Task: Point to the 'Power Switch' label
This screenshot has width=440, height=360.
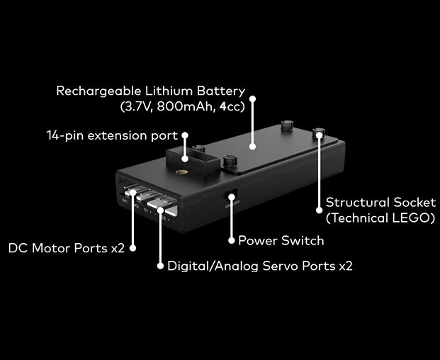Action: (x=281, y=241)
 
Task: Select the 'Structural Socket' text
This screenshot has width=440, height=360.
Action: (x=380, y=203)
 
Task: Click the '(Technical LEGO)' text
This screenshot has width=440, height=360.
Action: (x=380, y=219)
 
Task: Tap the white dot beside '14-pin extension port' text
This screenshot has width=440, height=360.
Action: (x=186, y=135)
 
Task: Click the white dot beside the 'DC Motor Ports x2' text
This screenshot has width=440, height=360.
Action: (x=132, y=249)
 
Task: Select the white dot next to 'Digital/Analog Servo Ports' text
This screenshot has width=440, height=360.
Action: (x=160, y=266)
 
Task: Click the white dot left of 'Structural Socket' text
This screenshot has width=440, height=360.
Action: (x=318, y=210)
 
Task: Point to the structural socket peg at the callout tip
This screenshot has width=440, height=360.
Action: (x=319, y=133)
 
